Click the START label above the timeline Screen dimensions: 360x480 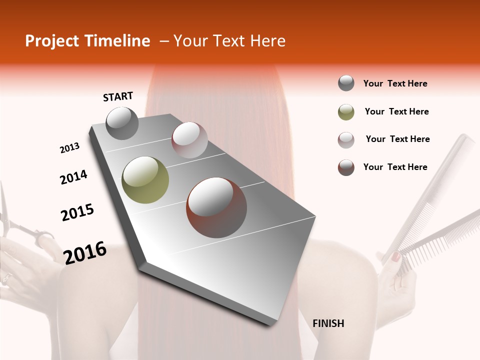pos(118,96)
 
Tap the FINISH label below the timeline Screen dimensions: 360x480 pos(328,323)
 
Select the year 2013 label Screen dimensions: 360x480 pos(70,148)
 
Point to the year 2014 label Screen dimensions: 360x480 pos(73,177)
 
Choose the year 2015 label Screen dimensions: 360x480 pos(77,212)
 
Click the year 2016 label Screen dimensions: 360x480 pos(85,253)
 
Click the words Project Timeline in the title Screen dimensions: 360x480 pos(87,41)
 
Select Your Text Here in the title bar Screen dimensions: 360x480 pos(229,41)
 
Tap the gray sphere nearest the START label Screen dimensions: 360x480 pos(122,123)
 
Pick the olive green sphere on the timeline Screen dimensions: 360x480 pos(145,180)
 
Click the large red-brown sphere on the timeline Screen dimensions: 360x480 pos(216,207)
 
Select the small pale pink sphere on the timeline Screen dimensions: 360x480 pos(189,140)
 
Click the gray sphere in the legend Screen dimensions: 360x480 pos(346,83)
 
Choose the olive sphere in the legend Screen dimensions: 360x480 pos(346,112)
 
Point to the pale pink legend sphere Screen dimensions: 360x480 pos(346,140)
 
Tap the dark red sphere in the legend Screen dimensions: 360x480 pos(346,167)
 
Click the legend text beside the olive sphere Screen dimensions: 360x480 pos(396,111)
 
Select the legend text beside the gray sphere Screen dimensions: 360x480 pos(395,83)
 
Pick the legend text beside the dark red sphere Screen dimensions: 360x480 pos(395,167)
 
